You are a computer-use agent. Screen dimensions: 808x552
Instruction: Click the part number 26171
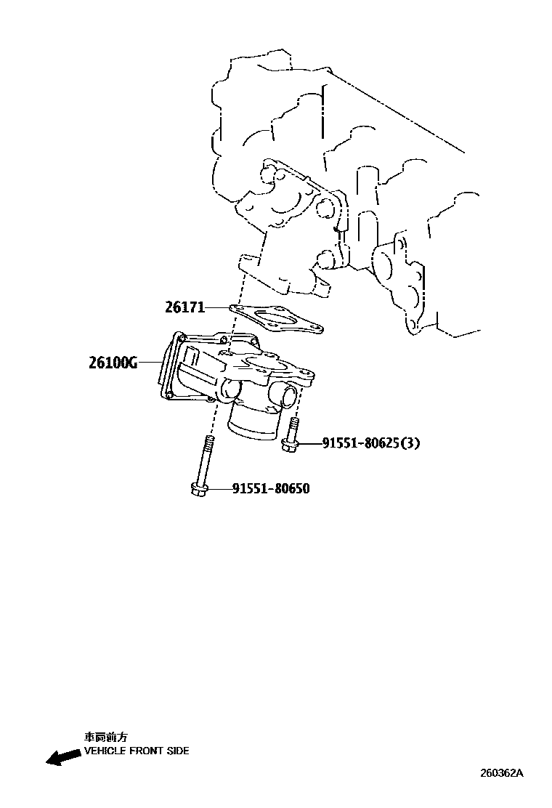184,308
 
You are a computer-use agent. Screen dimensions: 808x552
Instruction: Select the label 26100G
113,363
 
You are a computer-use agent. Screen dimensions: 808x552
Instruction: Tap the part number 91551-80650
271,489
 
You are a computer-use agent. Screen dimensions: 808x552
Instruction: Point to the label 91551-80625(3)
360,443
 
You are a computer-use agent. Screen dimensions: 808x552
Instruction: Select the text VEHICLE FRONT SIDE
137,751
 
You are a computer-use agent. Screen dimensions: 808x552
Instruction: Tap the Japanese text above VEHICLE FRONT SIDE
106,737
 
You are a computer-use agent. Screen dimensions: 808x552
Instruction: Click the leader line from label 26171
218,308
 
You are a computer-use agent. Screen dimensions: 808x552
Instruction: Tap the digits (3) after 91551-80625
410,443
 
